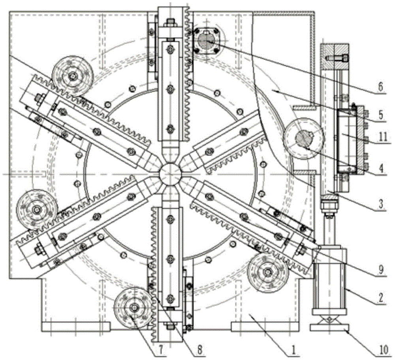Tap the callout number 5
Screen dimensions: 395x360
pyautogui.click(x=381, y=115)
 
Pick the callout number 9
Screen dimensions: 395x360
pyautogui.click(x=381, y=270)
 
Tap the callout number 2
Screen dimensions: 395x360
pyautogui.click(x=381, y=298)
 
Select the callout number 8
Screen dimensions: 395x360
pyautogui.click(x=199, y=350)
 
